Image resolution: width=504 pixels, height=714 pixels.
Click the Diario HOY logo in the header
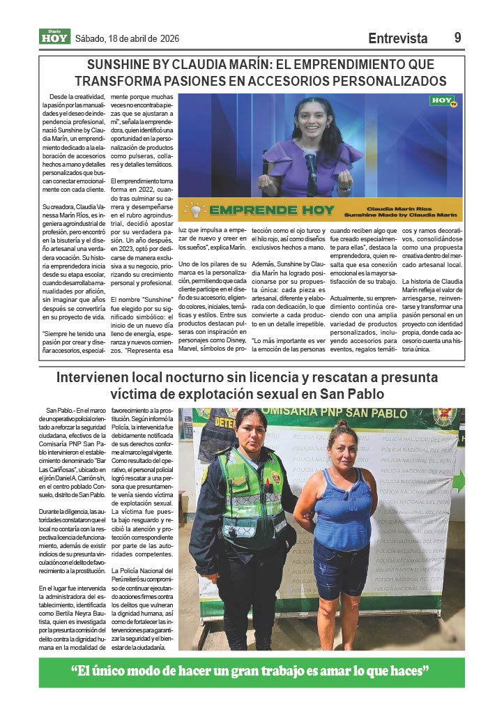pyautogui.click(x=54, y=37)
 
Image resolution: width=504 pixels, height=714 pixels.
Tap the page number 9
pyautogui.click(x=458, y=38)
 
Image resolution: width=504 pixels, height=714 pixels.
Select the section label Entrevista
pyautogui.click(x=397, y=38)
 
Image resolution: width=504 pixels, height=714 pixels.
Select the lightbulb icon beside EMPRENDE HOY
pyautogui.click(x=196, y=209)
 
